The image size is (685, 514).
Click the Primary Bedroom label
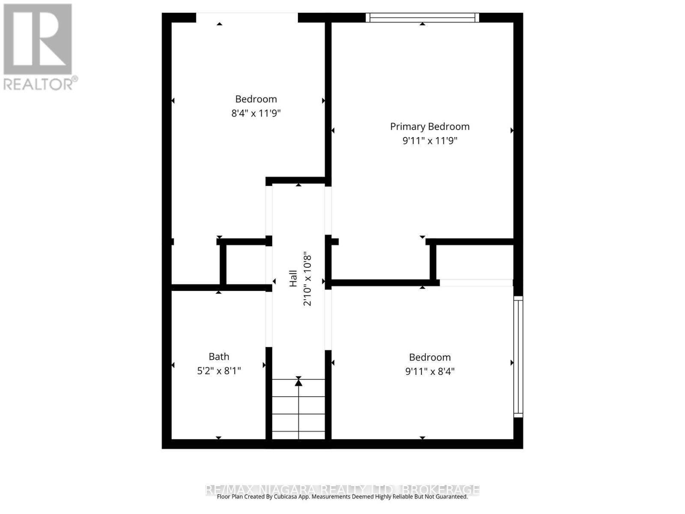(x=429, y=126)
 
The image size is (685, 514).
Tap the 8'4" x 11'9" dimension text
(x=256, y=114)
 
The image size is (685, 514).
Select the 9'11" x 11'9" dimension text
(x=429, y=140)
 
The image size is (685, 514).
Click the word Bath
(x=219, y=356)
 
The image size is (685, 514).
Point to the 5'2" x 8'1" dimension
(x=219, y=371)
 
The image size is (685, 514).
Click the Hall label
(x=293, y=278)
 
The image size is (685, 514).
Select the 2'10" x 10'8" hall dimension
(x=307, y=280)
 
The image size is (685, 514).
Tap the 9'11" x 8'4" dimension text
(x=429, y=371)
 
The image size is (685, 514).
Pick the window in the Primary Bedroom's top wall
(x=422, y=18)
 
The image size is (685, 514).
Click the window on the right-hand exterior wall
(x=518, y=357)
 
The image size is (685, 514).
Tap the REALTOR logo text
(x=41, y=84)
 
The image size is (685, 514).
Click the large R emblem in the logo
(x=38, y=39)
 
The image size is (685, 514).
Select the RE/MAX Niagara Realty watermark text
(x=342, y=489)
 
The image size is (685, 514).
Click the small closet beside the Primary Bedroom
(x=474, y=262)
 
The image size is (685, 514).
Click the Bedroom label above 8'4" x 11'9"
(x=256, y=99)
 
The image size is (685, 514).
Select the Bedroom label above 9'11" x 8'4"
(x=429, y=357)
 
